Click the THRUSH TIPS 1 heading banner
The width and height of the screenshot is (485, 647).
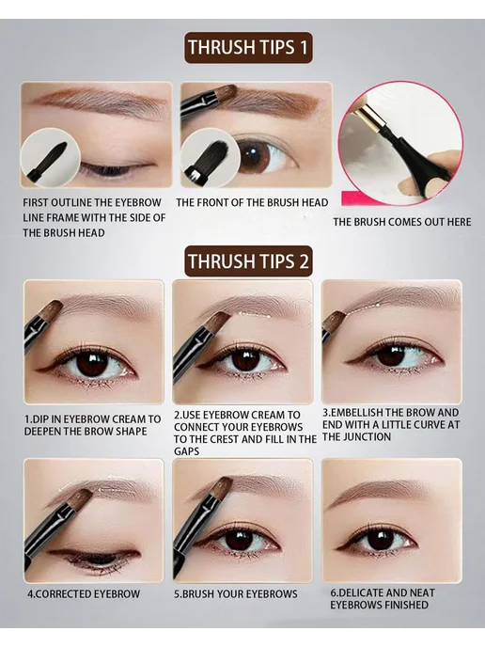pyautogui.click(x=248, y=47)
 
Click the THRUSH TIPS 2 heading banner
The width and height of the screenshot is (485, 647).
pyautogui.click(x=248, y=261)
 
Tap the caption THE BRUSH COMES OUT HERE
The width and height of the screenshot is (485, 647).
pyautogui.click(x=402, y=222)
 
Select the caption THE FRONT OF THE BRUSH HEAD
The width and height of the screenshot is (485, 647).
pyautogui.click(x=252, y=202)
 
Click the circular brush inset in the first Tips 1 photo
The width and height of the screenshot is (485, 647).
pyautogui.click(x=50, y=158)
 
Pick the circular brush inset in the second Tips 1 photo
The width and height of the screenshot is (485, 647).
pyautogui.click(x=210, y=159)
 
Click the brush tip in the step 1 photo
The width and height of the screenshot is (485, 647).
pyautogui.click(x=52, y=311)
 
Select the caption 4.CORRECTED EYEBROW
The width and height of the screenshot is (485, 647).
pyautogui.click(x=84, y=594)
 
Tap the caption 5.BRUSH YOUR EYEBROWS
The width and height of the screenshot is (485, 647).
pyautogui.click(x=236, y=594)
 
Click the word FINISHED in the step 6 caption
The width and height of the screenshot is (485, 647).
pyautogui.click(x=402, y=606)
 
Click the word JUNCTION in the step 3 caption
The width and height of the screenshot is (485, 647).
pyautogui.click(x=368, y=436)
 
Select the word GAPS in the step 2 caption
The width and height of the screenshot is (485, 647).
pyautogui.click(x=186, y=451)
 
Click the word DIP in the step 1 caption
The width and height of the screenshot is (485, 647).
pyautogui.click(x=39, y=419)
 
